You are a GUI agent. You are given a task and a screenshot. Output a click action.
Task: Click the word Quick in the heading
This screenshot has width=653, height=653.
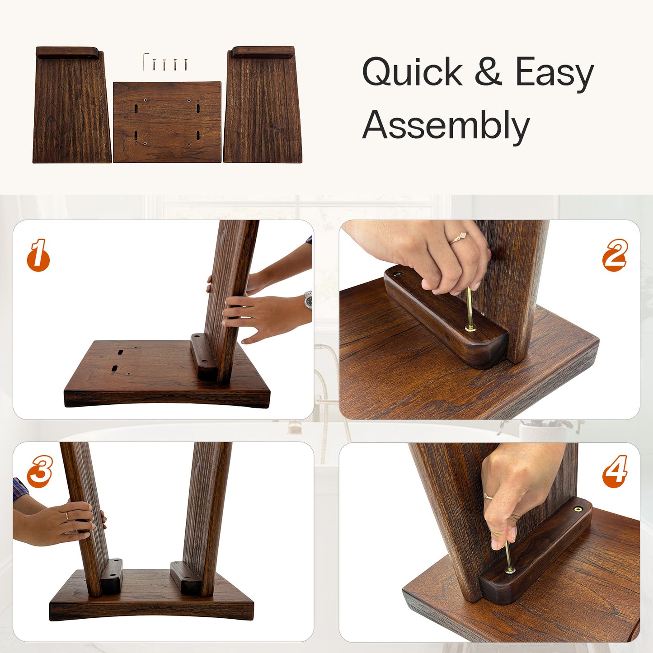pos(412,73)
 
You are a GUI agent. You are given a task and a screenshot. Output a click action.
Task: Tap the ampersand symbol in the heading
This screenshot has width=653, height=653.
pos(488,72)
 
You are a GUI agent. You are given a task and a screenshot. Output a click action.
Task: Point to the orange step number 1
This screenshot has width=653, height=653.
pos(38,255)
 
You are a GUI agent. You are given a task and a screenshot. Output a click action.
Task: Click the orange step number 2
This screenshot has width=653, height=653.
pos(615,255)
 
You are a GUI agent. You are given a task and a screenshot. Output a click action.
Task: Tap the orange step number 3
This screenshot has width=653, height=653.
pos(40,471)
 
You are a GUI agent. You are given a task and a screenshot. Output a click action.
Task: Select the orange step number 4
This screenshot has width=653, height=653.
pos(615,471)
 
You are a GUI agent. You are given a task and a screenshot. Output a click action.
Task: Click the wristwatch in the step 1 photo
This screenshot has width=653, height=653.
pos(309,300)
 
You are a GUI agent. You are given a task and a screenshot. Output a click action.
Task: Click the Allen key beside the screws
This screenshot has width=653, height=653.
pos(146,61)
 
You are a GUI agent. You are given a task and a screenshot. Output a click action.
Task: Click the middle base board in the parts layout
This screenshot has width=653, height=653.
pos(167,122)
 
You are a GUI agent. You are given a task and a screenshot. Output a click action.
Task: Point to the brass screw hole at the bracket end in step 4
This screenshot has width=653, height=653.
pos(578,509)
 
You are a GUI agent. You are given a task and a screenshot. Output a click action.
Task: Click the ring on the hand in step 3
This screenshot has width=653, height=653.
pos(67,516)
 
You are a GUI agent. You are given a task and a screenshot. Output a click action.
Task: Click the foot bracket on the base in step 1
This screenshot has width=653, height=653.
pos(202,357)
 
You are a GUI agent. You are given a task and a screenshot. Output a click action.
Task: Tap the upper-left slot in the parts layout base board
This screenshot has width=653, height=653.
pos(136,108)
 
